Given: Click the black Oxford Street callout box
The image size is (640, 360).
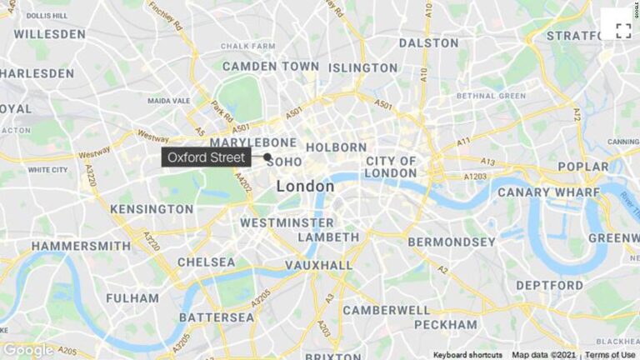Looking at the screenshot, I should pyautogui.click(x=206, y=157).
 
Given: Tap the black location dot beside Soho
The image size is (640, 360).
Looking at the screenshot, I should pyautogui.click(x=267, y=157).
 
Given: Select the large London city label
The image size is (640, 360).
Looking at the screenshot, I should pyautogui.click(x=305, y=187).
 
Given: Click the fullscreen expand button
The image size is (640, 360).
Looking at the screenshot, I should pyautogui.click(x=622, y=31).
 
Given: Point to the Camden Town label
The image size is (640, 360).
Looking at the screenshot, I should pyautogui.click(x=259, y=66).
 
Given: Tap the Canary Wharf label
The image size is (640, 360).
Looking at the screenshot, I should pyautogui.click(x=548, y=192).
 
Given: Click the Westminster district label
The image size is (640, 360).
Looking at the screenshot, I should pyautogui.click(x=287, y=223).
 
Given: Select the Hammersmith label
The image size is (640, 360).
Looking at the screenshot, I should pyautogui.click(x=81, y=246).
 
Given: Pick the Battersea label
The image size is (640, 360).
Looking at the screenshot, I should pyautogui.click(x=216, y=317).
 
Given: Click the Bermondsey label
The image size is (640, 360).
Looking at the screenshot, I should pyautogui.click(x=451, y=242).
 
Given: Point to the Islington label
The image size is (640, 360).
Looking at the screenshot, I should pyautogui.click(x=362, y=67).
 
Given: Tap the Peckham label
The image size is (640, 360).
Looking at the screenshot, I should pyautogui.click(x=445, y=324).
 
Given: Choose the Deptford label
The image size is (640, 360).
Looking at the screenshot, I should pyautogui.click(x=549, y=285).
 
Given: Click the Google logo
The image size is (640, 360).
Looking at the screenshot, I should pyautogui.click(x=28, y=350).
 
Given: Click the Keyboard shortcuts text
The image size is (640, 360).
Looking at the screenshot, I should pyautogui.click(x=467, y=355).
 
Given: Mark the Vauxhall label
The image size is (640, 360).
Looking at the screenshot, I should pyautogui.click(x=318, y=265).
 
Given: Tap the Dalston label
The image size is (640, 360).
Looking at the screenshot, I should pyautogui.click(x=428, y=42).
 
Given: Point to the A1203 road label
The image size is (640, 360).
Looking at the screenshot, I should pyautogui.click(x=475, y=177).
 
